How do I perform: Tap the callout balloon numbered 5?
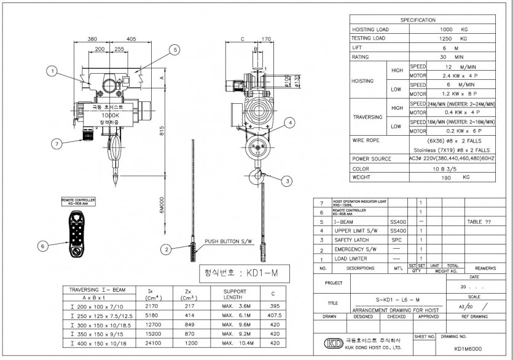pos(174,49)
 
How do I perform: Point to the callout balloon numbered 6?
pos(42,246)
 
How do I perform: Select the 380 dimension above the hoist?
pos(92,38)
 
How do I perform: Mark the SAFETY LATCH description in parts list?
pos(353,240)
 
